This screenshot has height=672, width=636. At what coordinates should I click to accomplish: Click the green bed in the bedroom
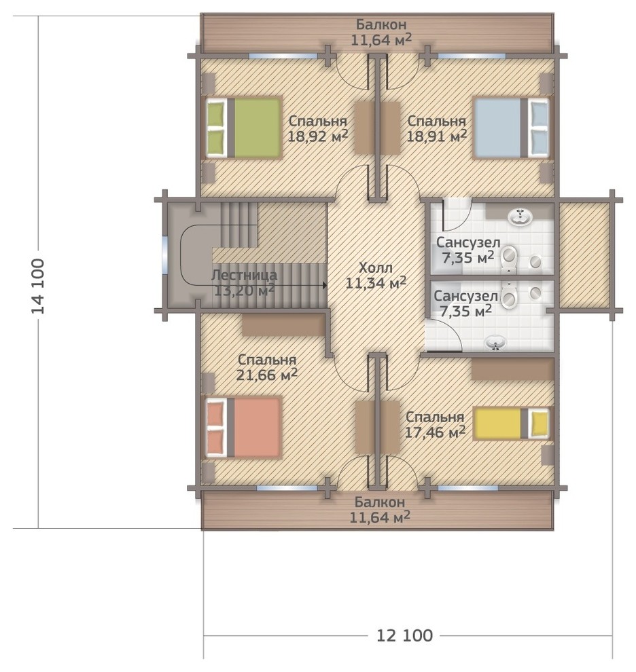tap(244, 128)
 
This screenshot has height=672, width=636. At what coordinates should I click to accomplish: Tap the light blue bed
tap(511, 128)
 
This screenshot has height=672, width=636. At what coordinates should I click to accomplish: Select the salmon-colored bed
tap(244, 427)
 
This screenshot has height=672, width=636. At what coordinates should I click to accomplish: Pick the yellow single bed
tap(511, 424)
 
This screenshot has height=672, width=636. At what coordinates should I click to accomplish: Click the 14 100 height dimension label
tap(38, 286)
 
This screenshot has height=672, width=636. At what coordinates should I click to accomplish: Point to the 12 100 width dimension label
tap(405, 635)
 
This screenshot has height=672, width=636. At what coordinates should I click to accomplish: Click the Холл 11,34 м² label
tap(376, 276)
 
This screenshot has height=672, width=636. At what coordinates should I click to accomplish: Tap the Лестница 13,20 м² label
tap(244, 283)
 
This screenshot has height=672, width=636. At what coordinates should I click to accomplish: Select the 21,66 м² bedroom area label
tap(267, 375)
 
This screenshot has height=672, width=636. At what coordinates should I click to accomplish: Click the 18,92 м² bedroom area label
tap(318, 136)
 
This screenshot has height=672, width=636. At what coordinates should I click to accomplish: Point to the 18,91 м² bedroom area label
tap(436, 136)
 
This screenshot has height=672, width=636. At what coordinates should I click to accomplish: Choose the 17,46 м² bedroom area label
tap(435, 432)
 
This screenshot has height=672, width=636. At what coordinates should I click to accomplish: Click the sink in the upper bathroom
tap(520, 217)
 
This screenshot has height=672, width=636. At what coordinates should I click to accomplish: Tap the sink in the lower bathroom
tap(495, 343)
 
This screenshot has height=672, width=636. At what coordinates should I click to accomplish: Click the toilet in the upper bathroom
tap(510, 259)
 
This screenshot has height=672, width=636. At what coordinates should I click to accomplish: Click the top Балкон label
tap(381, 25)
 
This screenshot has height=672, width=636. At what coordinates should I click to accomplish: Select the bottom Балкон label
tap(380, 502)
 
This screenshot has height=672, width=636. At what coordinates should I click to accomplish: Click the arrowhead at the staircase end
tap(324, 284)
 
